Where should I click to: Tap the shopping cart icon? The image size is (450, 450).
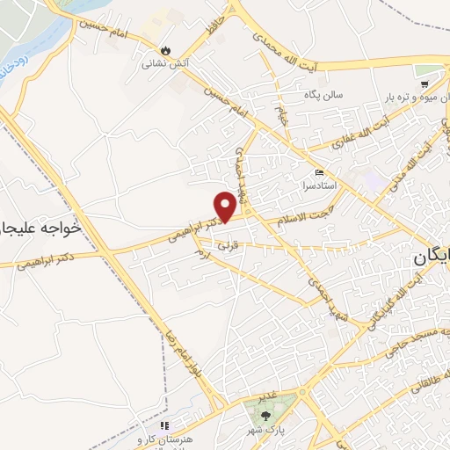pos(425,84)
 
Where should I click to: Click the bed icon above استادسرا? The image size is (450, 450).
pos(319,174)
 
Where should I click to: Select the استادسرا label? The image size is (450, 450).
pos(319,187)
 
